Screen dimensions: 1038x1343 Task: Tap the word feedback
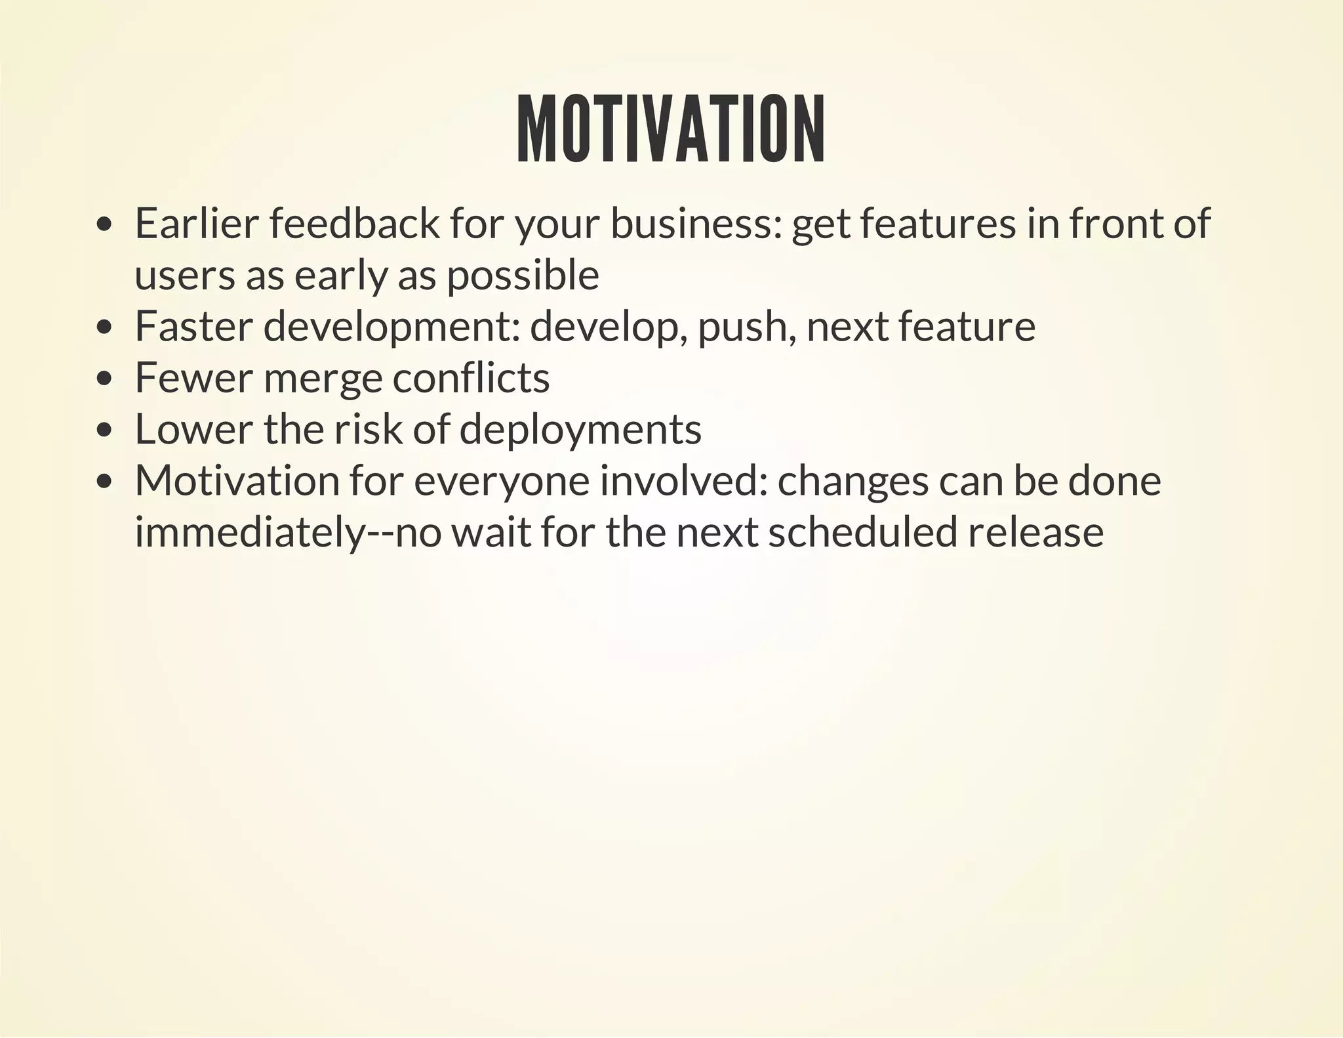[x=354, y=223]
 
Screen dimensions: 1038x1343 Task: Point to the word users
[x=184, y=275]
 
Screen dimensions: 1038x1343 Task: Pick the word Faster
[x=193, y=326]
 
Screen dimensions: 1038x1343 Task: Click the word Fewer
[x=193, y=378]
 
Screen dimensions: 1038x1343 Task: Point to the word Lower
[x=193, y=429]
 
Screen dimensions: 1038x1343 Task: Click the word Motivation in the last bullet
[x=236, y=480]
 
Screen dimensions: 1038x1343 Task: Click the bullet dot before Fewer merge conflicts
[x=104, y=379]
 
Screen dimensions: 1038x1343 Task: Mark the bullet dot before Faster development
[x=104, y=327]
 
